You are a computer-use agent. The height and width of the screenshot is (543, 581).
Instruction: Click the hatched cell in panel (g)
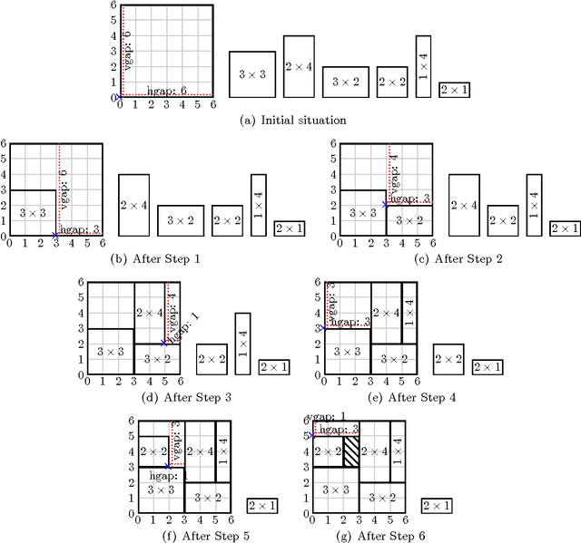[351, 451]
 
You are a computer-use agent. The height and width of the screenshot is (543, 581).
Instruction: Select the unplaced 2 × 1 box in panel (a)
[454, 90]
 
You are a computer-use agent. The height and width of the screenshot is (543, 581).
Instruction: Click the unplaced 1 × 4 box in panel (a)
[423, 66]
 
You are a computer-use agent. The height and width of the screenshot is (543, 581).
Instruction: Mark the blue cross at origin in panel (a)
[119, 95]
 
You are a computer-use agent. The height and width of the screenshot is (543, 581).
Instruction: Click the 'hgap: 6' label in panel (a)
[166, 90]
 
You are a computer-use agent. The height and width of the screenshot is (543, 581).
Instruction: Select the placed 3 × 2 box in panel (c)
[409, 220]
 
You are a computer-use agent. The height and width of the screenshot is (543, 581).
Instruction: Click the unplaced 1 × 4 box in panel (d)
[242, 344]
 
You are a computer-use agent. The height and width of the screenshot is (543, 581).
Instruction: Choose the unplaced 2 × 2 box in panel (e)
[448, 359]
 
